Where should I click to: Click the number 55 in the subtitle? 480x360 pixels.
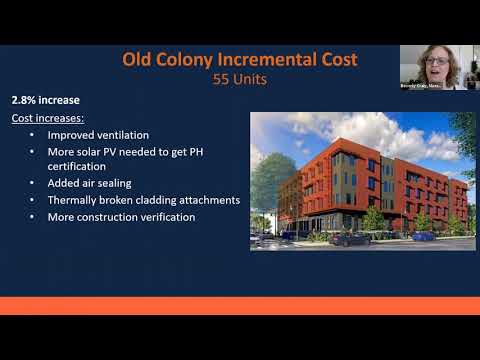click(x=222, y=79)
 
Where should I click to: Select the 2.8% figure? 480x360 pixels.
click(x=27, y=101)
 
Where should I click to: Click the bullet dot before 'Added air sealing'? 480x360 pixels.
click(x=32, y=183)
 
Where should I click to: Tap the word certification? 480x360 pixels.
click(x=83, y=166)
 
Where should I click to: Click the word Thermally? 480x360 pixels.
click(x=74, y=200)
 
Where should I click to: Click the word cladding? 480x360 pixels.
click(x=159, y=200)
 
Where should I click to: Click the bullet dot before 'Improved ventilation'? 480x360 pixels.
click(x=32, y=134)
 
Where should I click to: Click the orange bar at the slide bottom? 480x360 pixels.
click(x=240, y=305)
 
